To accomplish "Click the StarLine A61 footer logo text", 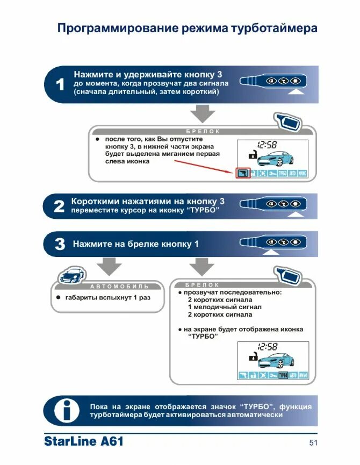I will (x=84, y=442).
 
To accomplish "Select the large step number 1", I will (x=60, y=84).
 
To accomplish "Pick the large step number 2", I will (x=60, y=206).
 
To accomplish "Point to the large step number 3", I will (x=60, y=244).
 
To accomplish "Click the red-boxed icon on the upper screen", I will (x=243, y=173).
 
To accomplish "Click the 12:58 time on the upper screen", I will (x=267, y=145).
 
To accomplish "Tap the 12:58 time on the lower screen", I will (x=267, y=347).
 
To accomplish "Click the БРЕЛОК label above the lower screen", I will (x=202, y=284).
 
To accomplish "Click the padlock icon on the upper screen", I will (x=250, y=155).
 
